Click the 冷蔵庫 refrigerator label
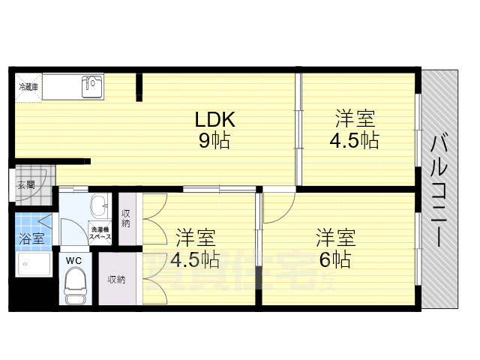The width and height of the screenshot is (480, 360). tap(29, 87)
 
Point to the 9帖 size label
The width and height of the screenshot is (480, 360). tap(215, 140)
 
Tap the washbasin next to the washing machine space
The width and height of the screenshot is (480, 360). tap(99, 206)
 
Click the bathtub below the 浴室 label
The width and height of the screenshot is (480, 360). tap(32, 265)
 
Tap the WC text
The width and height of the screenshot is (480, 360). tap(74, 260)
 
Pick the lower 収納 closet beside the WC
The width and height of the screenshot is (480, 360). tap(116, 279)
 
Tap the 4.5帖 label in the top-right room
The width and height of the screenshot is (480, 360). tap(354, 140)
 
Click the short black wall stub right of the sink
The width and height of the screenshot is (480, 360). tap(138, 88)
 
